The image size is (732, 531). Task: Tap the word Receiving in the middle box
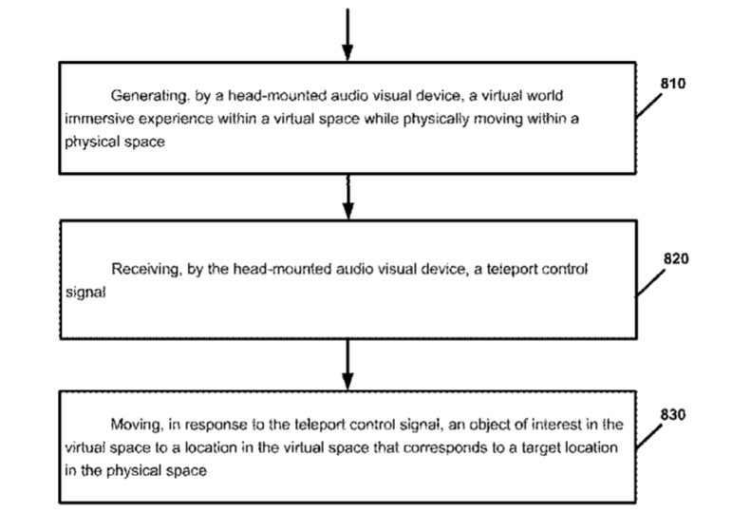(x=142, y=270)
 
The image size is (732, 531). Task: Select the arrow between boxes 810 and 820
(x=348, y=197)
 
